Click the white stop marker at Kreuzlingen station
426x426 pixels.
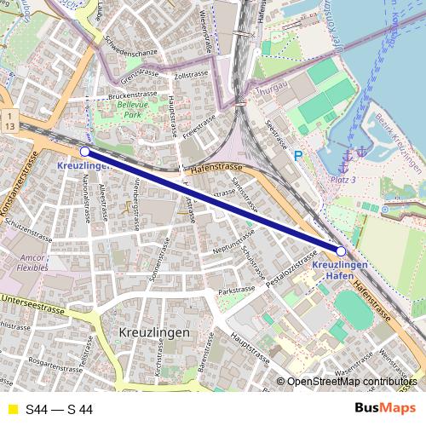click(84, 151)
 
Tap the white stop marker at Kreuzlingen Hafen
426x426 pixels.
click(341, 251)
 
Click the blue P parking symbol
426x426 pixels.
click(297, 156)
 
